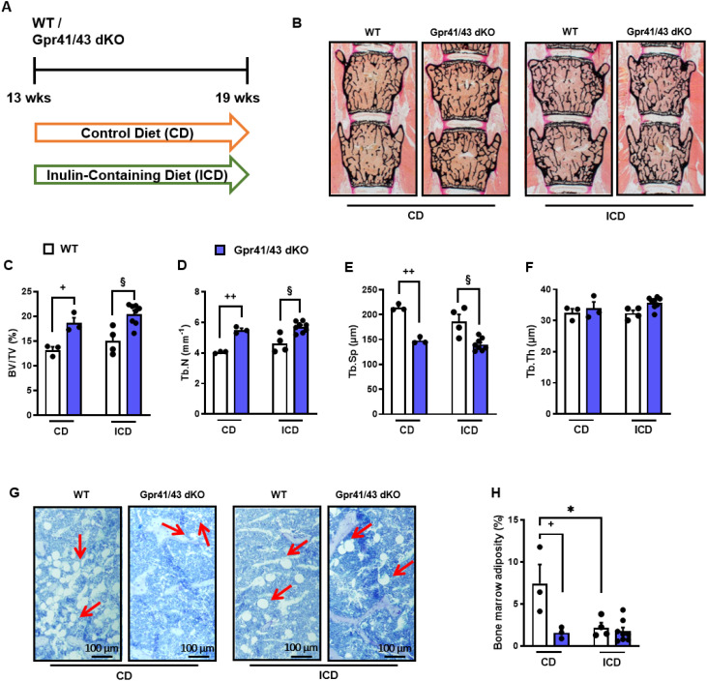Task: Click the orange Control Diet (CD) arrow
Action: click(x=141, y=133)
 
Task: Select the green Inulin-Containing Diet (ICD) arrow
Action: click(x=141, y=175)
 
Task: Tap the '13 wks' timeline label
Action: click(x=28, y=98)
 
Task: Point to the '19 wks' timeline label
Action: click(x=238, y=98)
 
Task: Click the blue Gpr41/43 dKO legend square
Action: click(x=220, y=250)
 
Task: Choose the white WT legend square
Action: click(x=48, y=249)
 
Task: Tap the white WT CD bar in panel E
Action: click(x=398, y=361)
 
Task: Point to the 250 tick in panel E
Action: click(x=369, y=289)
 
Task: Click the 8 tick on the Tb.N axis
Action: click(x=197, y=292)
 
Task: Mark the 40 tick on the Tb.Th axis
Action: click(x=545, y=289)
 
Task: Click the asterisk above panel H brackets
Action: click(x=571, y=510)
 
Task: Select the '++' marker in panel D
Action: click(x=230, y=296)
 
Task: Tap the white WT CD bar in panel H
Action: click(x=540, y=615)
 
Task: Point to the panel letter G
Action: click(x=15, y=492)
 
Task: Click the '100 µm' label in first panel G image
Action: click(x=102, y=648)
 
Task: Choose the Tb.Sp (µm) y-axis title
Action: click(x=354, y=351)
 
